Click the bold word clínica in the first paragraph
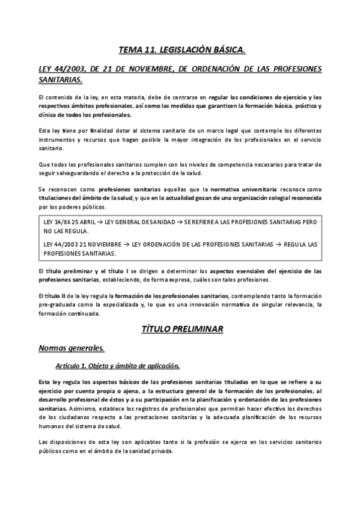(48, 114)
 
